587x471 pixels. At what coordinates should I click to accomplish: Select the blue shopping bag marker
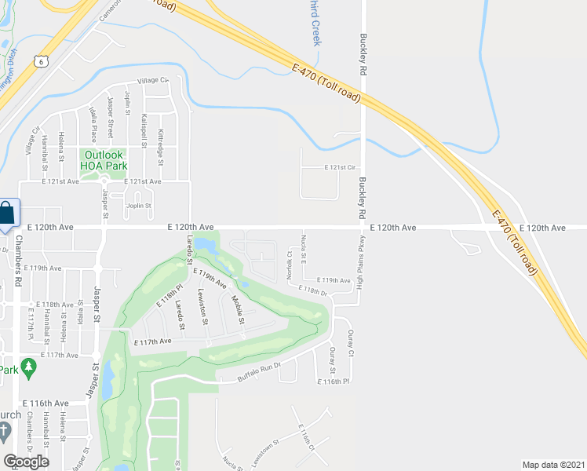click(x=7, y=214)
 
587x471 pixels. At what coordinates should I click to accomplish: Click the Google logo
click(x=26, y=461)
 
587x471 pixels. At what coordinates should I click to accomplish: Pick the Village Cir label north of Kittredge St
click(x=153, y=80)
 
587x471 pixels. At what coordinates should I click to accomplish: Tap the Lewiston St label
click(x=202, y=306)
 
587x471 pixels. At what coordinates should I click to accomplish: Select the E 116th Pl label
click(x=331, y=382)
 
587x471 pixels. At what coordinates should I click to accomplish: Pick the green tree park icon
click(x=29, y=367)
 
